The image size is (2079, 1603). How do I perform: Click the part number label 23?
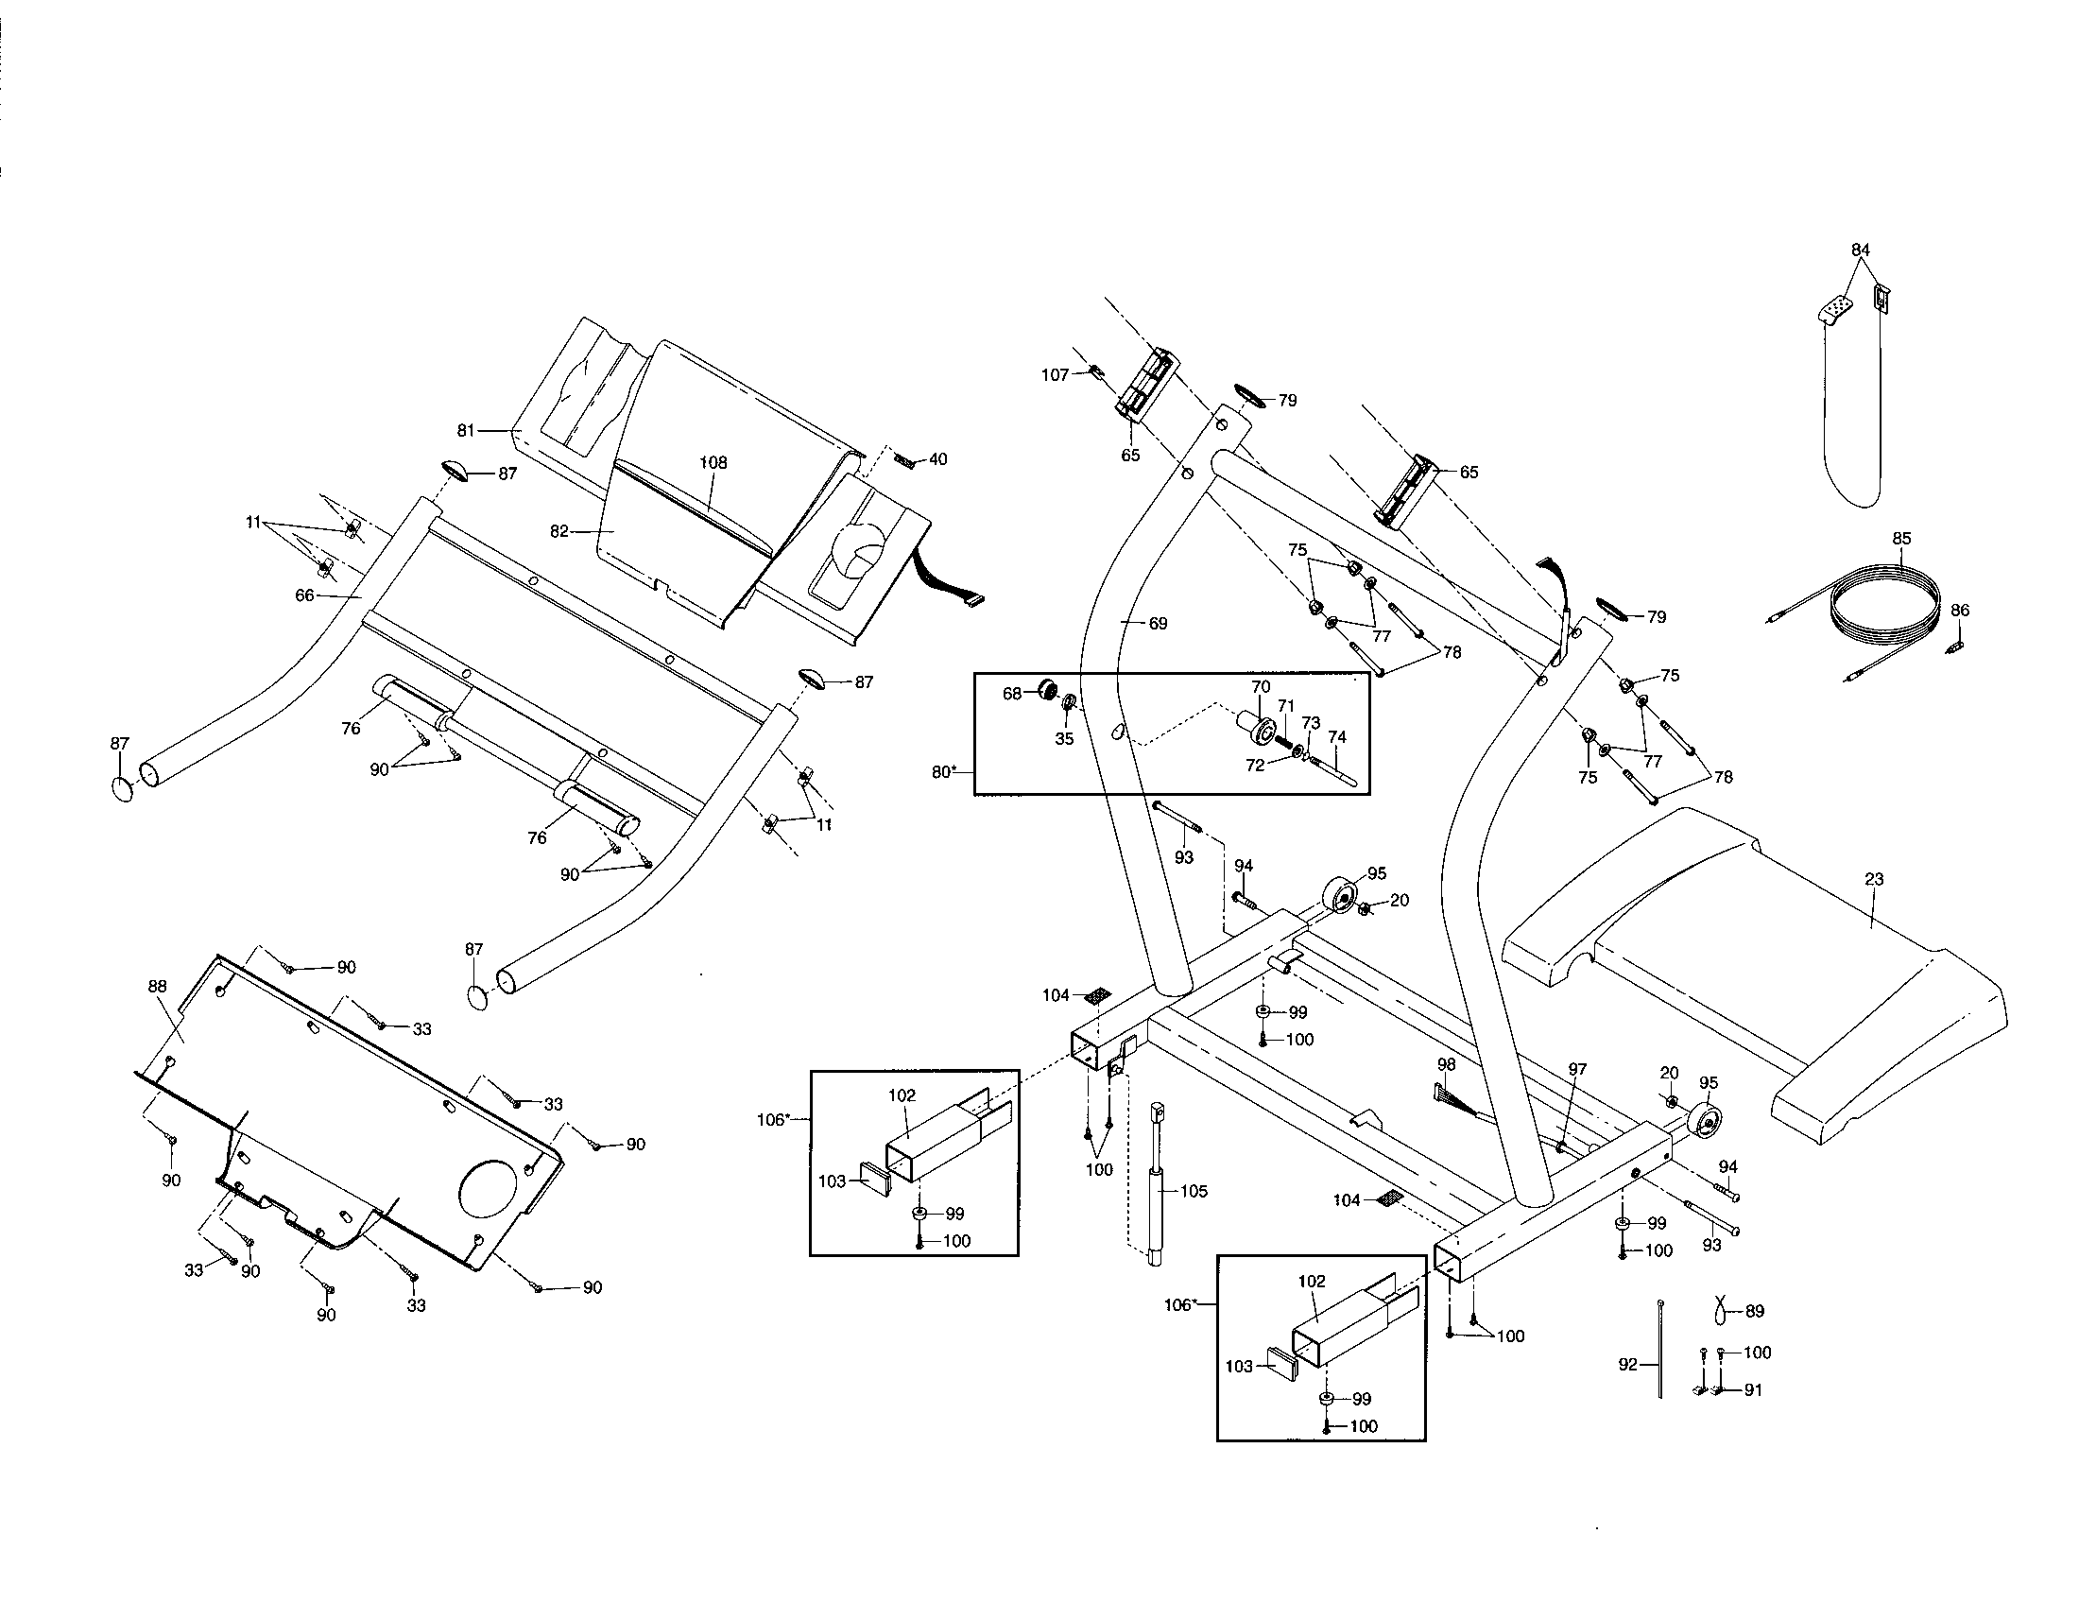[x=1873, y=879]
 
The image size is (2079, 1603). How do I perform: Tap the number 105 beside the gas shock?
[x=1193, y=1191]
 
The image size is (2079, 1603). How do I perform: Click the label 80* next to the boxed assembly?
[x=943, y=772]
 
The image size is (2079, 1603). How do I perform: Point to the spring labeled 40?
[x=906, y=461]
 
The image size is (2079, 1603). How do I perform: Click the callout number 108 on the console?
[x=713, y=462]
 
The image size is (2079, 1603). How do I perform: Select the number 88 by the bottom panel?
[x=157, y=987]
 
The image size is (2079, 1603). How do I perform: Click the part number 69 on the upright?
[x=1157, y=624]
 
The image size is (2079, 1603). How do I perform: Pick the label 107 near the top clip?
[x=1055, y=375]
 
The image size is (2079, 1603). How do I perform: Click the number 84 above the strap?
[x=1860, y=250]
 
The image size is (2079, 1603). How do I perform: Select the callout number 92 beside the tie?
[x=1628, y=1364]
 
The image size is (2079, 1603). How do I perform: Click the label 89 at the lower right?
[x=1755, y=1311]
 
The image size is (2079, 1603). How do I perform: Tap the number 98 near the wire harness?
[x=1447, y=1064]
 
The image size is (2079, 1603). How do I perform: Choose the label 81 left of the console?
[x=466, y=430]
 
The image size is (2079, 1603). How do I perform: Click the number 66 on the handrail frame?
[x=304, y=595]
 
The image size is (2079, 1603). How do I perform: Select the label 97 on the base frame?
[x=1577, y=1069]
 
